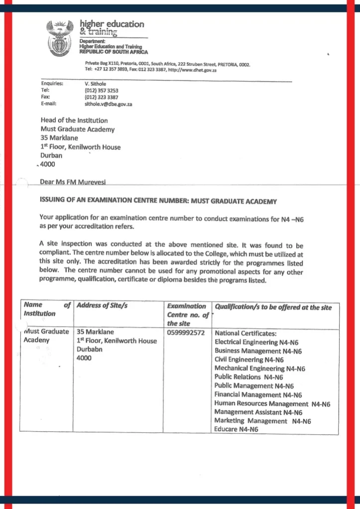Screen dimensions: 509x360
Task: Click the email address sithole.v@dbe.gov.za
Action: [109, 104]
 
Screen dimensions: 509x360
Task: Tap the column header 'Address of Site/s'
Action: [102, 306]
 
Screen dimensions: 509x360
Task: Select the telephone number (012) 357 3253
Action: [102, 90]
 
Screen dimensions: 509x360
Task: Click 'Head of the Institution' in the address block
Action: [74, 120]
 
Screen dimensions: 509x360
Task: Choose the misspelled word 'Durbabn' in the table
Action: [89, 349]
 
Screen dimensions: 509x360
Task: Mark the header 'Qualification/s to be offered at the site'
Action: [273, 307]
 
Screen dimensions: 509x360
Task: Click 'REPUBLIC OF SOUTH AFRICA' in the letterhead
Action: [114, 52]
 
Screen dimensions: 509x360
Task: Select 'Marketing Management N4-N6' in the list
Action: [262, 421]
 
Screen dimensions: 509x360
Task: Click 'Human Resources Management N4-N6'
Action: [272, 403]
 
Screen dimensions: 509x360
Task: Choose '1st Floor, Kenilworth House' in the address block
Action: [80, 147]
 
